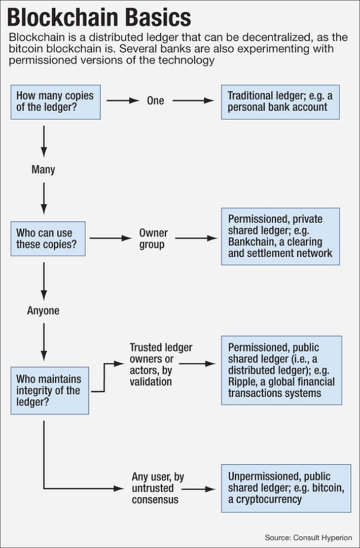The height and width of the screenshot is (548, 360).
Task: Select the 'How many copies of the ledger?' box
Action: click(55, 102)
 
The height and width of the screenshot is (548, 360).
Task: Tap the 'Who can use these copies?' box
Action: click(48, 238)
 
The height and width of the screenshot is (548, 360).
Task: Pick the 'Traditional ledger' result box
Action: click(280, 102)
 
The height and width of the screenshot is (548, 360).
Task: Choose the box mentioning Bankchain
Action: click(280, 236)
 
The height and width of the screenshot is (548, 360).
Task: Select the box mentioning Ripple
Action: click(281, 370)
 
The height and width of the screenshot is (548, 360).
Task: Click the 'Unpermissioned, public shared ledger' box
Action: click(286, 488)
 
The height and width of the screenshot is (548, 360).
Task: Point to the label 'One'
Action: click(156, 100)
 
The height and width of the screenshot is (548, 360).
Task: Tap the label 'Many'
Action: click(43, 169)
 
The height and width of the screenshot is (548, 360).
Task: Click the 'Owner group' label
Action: click(153, 238)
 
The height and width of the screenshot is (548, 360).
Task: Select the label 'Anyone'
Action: click(43, 311)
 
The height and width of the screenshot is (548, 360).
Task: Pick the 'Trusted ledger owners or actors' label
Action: click(160, 364)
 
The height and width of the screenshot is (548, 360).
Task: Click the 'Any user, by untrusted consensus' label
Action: click(158, 488)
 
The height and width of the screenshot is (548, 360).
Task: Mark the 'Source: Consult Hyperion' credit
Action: click(308, 537)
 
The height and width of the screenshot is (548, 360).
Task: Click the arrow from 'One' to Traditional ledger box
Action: click(193, 100)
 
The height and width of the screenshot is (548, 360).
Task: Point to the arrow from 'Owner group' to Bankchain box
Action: click(196, 237)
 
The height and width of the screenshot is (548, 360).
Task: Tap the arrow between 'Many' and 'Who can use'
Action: click(44, 198)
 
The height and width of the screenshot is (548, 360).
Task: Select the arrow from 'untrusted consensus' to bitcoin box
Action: click(198, 489)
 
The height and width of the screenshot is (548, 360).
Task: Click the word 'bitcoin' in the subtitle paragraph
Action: click(24, 49)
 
